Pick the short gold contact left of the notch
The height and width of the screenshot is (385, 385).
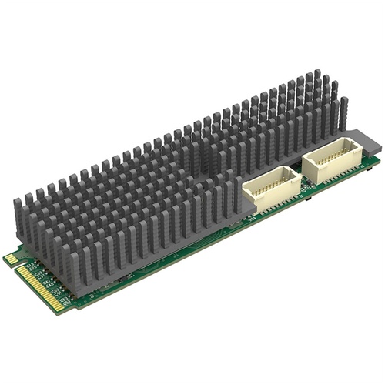point(12,260)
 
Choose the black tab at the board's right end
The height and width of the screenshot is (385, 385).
point(375,162)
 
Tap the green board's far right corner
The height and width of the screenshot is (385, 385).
point(377,157)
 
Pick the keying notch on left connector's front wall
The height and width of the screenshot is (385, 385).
point(269,203)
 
